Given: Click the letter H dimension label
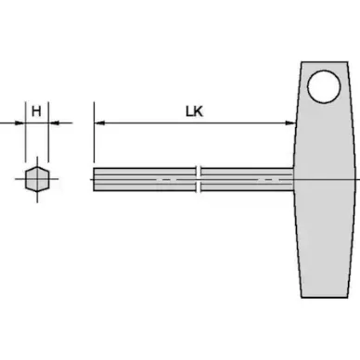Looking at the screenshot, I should click(x=35, y=110).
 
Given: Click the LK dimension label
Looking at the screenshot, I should click(x=194, y=111).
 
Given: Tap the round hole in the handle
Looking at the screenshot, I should click(x=326, y=89).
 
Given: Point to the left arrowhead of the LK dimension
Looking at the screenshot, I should click(x=99, y=122).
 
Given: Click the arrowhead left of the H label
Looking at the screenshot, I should click(x=19, y=122).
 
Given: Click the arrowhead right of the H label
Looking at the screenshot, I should click(x=52, y=122).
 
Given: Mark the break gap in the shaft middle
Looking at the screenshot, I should click(x=199, y=178).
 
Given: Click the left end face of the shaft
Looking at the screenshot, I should click(x=95, y=178).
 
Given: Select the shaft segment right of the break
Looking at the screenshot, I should click(x=246, y=178).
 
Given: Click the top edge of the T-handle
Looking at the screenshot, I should click(x=325, y=62).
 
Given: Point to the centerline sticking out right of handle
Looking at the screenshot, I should click(x=354, y=178).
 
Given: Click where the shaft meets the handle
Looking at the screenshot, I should click(x=295, y=178).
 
